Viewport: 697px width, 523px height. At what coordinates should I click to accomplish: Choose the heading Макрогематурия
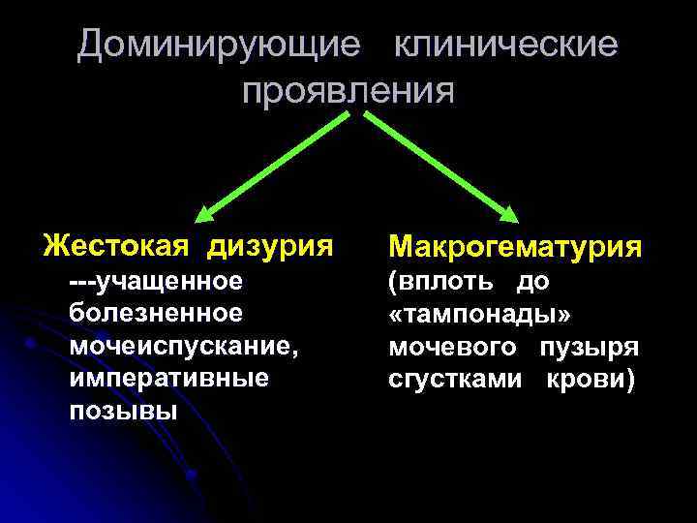point(514,246)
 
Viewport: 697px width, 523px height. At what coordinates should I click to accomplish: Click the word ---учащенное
point(155,282)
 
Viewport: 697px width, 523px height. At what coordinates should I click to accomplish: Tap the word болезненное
point(155,314)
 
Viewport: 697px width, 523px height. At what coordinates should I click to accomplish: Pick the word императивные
point(168,378)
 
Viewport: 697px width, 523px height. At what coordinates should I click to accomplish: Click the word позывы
point(123,410)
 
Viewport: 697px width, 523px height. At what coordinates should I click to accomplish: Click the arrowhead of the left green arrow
point(205,215)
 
